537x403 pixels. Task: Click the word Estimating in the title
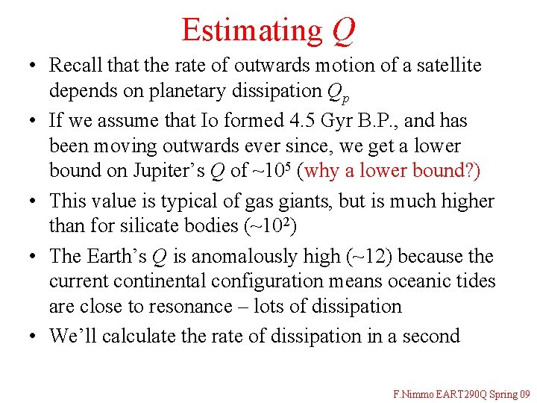pos(251,30)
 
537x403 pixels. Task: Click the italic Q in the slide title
pos(343,30)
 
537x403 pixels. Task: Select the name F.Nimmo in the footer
pos(414,393)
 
